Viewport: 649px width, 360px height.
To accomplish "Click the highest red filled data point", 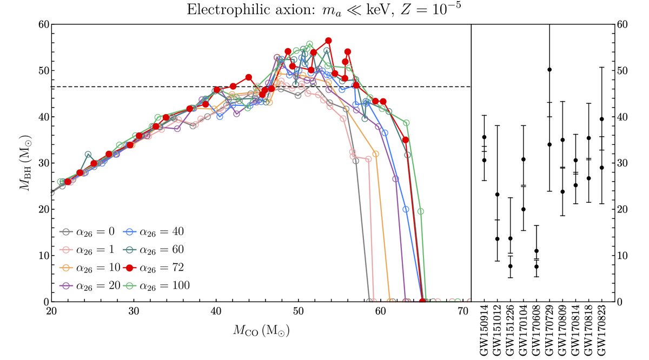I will coord(328,41).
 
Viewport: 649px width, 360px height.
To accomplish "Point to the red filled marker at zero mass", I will coord(422,301).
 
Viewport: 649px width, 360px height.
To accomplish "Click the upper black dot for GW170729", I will coord(549,69).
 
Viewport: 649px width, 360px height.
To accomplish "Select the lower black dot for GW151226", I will coord(510,266).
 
